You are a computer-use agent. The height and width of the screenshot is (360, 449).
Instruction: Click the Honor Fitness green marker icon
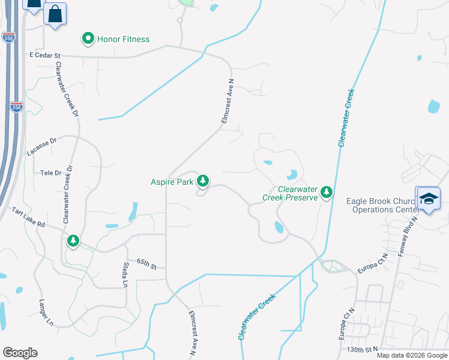click(x=88, y=39)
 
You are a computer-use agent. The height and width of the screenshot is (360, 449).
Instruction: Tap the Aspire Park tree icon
click(x=203, y=180)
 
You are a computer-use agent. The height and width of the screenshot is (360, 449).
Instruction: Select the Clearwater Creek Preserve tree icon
click(x=326, y=192)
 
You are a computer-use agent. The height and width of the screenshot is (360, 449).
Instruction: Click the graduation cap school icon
click(x=429, y=199)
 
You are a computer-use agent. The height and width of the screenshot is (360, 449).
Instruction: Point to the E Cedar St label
click(x=45, y=55)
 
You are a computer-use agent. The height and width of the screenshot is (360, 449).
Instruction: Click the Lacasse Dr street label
click(x=41, y=147)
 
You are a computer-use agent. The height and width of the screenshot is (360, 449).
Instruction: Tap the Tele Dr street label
click(x=51, y=173)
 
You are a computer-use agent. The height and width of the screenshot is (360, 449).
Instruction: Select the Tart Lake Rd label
click(x=29, y=217)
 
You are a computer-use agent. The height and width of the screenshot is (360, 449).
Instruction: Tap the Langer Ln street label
click(x=46, y=313)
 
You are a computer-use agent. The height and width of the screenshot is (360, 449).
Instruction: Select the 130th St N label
click(x=363, y=349)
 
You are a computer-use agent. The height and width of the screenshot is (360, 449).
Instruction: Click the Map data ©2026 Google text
click(x=412, y=355)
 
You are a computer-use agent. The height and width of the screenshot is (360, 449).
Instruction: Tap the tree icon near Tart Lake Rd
click(x=73, y=241)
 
